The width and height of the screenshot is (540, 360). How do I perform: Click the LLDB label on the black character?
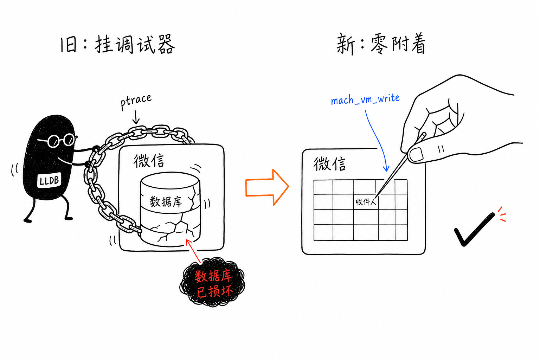(x=49, y=180)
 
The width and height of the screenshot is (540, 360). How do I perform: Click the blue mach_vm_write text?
(x=365, y=99)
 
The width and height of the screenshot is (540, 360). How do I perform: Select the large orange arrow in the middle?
(x=267, y=187)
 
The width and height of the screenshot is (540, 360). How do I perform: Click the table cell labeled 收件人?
(x=366, y=201)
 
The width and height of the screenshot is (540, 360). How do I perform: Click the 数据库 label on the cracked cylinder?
(x=166, y=201)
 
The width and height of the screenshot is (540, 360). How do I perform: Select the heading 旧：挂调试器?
(x=117, y=44)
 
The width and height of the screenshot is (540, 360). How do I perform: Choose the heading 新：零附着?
(x=381, y=45)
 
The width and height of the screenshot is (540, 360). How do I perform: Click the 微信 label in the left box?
(x=149, y=161)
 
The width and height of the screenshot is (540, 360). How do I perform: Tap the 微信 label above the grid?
(x=329, y=164)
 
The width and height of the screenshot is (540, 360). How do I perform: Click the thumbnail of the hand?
(x=417, y=154)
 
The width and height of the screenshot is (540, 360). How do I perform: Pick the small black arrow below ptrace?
(x=136, y=117)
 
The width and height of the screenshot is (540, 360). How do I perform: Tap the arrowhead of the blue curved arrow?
(x=386, y=168)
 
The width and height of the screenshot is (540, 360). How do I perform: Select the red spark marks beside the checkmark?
(x=501, y=214)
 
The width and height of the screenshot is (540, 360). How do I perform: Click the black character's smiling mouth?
(x=65, y=161)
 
